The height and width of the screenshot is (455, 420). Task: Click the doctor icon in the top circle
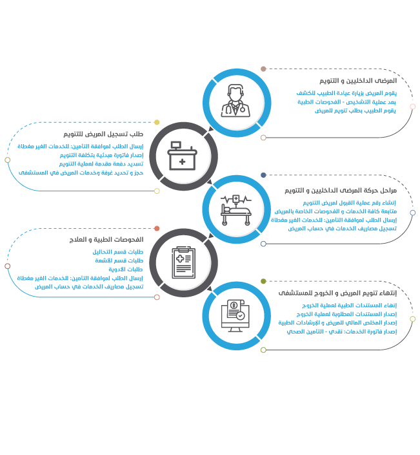click(x=235, y=101)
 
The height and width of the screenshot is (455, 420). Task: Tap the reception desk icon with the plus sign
click(x=182, y=156)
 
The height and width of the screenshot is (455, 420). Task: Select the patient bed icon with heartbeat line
click(x=236, y=210)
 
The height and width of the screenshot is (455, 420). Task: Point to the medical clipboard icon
click(x=184, y=262)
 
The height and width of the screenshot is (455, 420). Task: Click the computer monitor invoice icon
click(x=235, y=316)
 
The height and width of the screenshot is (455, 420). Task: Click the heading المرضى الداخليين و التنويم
click(x=358, y=81)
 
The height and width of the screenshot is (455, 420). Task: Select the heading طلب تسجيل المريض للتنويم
click(x=103, y=134)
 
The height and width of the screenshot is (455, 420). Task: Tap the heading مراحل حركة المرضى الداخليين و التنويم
click(x=341, y=191)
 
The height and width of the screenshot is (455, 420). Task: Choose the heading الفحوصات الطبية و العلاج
click(x=106, y=239)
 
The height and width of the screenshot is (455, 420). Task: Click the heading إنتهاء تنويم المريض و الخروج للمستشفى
click(x=337, y=293)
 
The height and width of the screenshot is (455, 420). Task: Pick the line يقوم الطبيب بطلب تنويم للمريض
click(x=355, y=111)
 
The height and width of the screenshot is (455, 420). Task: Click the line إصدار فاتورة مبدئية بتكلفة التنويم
click(x=101, y=155)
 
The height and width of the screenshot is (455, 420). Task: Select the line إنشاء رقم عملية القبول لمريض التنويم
click(x=349, y=202)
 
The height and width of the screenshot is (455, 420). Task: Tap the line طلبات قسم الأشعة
click(x=119, y=260)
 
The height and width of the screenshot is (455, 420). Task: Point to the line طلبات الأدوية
click(x=126, y=270)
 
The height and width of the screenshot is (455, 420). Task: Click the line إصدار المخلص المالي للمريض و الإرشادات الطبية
click(x=337, y=323)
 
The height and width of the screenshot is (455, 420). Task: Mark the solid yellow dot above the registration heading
click(x=157, y=122)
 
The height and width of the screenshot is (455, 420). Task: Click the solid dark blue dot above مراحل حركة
click(x=263, y=175)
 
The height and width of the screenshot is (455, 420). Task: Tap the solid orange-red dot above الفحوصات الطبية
click(x=157, y=228)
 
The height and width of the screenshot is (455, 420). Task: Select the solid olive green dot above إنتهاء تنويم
click(x=263, y=281)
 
